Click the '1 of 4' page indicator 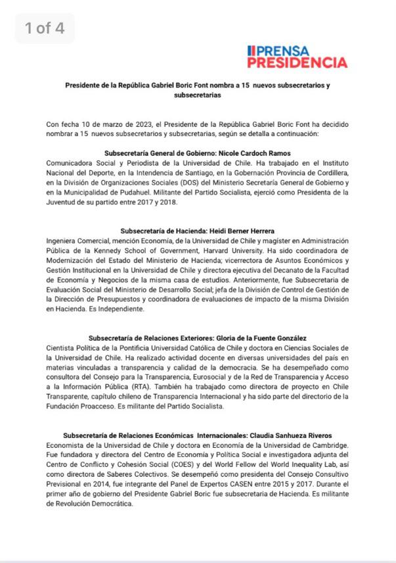tap(45, 28)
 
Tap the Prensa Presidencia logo tap(297, 57)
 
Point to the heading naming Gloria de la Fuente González tap(198, 338)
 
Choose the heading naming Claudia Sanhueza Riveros tap(198, 435)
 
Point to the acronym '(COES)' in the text tap(200, 464)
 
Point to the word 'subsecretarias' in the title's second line tap(198, 95)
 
